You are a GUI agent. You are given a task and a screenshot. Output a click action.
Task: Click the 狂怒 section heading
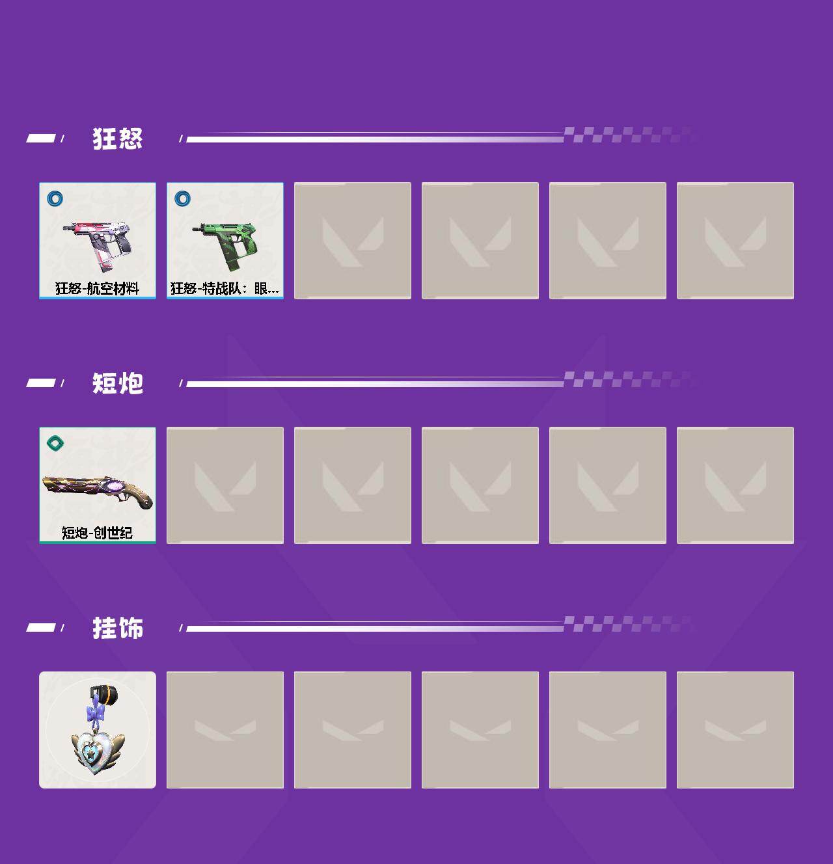(x=118, y=139)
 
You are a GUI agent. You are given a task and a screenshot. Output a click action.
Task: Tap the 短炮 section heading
(x=118, y=383)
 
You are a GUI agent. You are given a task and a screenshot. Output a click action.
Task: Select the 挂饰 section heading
(x=118, y=628)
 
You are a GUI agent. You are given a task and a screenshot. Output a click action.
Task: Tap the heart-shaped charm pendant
(x=97, y=749)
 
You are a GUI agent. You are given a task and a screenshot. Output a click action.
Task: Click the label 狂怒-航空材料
(x=97, y=289)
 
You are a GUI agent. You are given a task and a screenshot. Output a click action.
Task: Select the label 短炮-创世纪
(x=97, y=532)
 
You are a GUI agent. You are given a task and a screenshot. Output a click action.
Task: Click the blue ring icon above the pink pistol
(x=55, y=198)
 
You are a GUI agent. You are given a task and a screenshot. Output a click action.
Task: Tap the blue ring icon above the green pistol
(x=182, y=198)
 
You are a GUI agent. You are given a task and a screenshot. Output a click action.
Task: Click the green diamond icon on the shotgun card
(x=55, y=442)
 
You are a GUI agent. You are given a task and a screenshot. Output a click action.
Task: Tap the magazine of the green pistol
(x=234, y=262)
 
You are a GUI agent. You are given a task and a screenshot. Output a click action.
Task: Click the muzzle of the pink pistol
(x=66, y=228)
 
